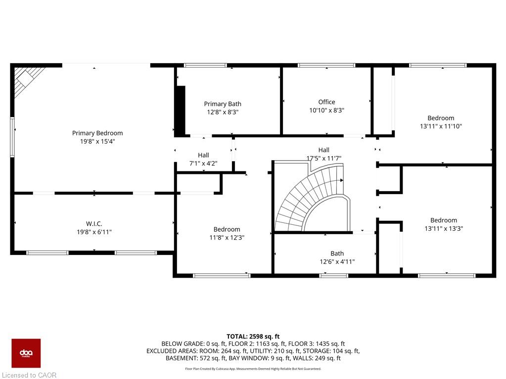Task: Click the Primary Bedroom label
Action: [97, 133]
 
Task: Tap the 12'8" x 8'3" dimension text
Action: [223, 112]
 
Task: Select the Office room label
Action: [326, 102]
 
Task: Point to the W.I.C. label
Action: [94, 224]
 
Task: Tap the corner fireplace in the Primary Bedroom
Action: [28, 81]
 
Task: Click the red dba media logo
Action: [26, 353]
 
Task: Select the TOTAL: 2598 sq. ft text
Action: [253, 337]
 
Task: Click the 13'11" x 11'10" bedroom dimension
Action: [441, 126]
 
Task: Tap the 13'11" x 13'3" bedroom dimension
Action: [444, 228]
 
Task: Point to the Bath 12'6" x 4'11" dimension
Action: [337, 262]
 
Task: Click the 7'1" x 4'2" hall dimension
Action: [203, 164]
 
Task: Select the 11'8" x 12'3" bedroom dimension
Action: [227, 238]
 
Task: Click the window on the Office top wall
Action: [326, 65]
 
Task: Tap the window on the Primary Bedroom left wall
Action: [12, 137]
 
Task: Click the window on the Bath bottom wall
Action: [334, 276]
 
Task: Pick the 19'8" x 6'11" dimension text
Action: [94, 232]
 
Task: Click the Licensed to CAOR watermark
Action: [29, 375]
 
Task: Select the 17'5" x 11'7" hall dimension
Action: [323, 158]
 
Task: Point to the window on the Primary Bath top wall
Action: [205, 65]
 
